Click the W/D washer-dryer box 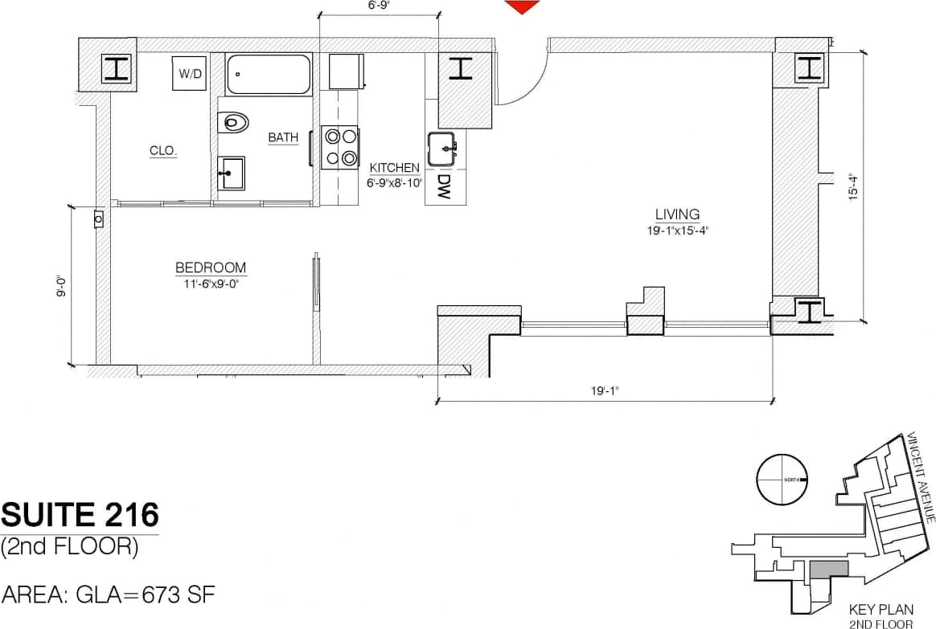point(191,74)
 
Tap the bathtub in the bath point(269,74)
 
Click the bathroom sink point(232,174)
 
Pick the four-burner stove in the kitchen point(340,147)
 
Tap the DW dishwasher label point(443,187)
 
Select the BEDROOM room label point(211,268)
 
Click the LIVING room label point(677,214)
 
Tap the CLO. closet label point(163,150)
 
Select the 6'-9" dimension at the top point(379,6)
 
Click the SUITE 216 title point(80,513)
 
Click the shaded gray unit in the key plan point(828,569)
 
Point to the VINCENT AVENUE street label point(919,478)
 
